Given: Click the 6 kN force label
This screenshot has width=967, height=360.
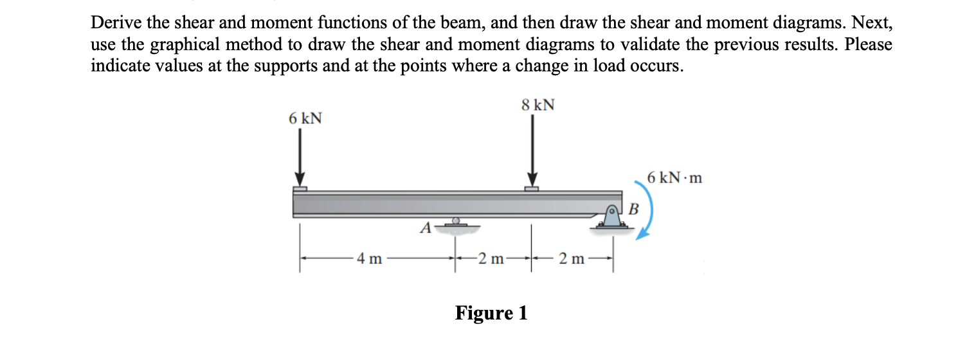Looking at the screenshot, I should coord(305,119).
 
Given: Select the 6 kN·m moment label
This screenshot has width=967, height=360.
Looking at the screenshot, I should coord(674,178).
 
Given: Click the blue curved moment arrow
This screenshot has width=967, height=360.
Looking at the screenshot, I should coord(648,215).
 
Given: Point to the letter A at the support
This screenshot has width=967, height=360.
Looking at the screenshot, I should coord(425,228).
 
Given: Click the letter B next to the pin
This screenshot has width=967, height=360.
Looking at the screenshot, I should coord(633,209).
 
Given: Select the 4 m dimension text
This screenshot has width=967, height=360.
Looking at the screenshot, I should coord(369,260).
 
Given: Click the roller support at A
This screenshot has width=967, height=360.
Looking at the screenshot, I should coord(456,223).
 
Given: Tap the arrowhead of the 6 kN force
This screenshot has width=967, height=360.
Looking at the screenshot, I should coord(300,181).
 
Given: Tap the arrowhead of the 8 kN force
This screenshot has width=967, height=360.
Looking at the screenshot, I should coord(531,181).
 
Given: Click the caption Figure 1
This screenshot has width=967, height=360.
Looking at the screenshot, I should coord(491,313).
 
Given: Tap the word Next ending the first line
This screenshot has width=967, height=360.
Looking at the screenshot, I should coord(872,23).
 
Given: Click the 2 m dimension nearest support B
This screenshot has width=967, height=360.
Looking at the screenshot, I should coord(571,260).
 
